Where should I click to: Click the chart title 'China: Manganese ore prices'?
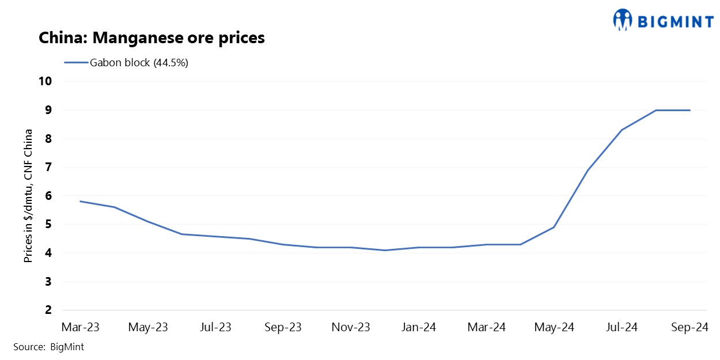pyautogui.click(x=151, y=38)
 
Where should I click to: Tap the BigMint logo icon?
pyautogui.click(x=622, y=20)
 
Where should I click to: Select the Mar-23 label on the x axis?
pyautogui.click(x=80, y=328)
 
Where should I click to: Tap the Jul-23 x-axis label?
pyautogui.click(x=215, y=328)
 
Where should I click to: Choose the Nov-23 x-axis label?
pyautogui.click(x=351, y=328)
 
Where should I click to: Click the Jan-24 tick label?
pyautogui.click(x=419, y=328)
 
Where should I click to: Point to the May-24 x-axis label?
pyautogui.click(x=554, y=328)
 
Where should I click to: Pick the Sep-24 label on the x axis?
pyautogui.click(x=689, y=328)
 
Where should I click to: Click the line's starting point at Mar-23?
pyautogui.click(x=81, y=202)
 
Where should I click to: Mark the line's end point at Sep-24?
pyautogui.click(x=689, y=110)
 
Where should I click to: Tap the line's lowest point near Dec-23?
pyautogui.click(x=385, y=250)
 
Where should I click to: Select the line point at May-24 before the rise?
pyautogui.click(x=554, y=227)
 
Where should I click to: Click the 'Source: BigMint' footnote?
pyautogui.click(x=49, y=347)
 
